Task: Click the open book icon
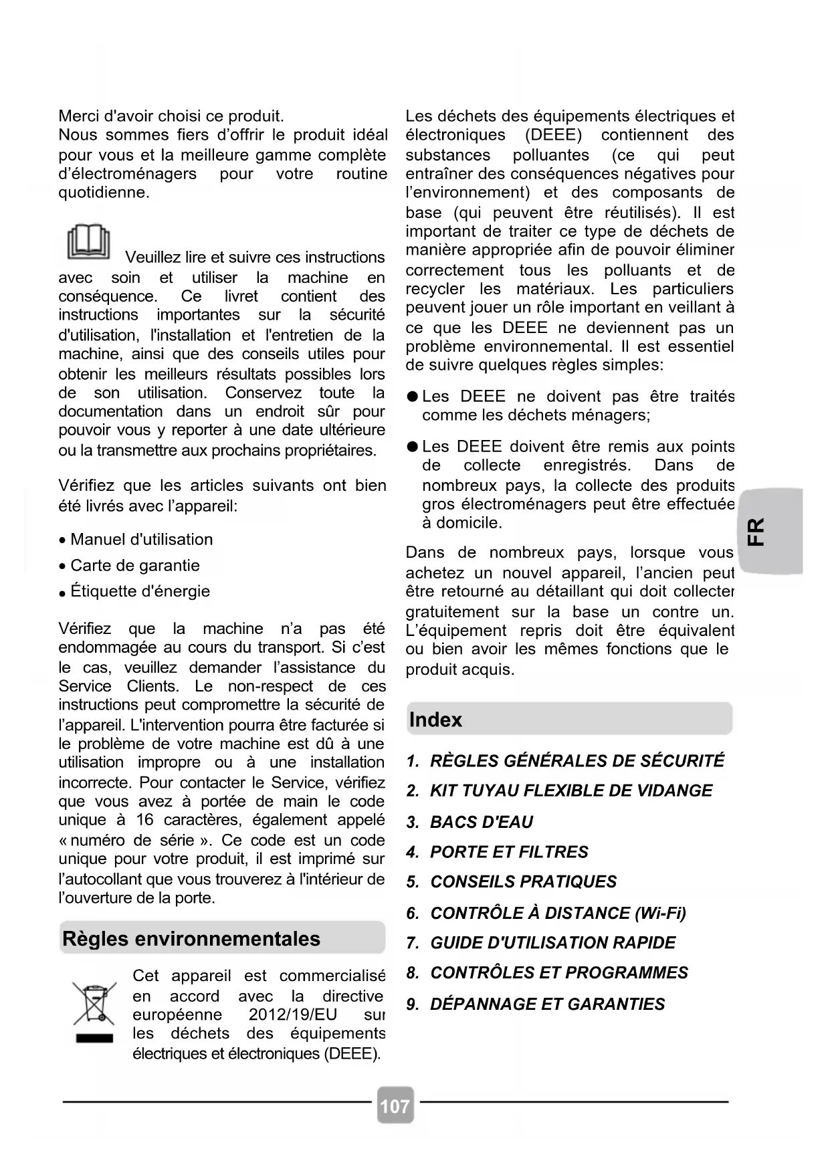88,243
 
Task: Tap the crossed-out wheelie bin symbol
94,1003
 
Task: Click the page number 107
395,1106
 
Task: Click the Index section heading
436,720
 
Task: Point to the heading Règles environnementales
191,939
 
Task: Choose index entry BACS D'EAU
482,822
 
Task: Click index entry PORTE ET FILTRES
509,852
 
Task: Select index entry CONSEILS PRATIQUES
523,881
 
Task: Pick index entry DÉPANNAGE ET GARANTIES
547,1004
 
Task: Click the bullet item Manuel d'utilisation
141,540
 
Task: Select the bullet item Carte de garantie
134,566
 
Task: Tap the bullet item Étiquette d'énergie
140,591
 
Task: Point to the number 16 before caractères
145,820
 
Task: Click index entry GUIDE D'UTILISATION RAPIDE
552,943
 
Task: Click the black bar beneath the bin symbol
94,1039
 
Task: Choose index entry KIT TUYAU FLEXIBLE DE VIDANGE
571,790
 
